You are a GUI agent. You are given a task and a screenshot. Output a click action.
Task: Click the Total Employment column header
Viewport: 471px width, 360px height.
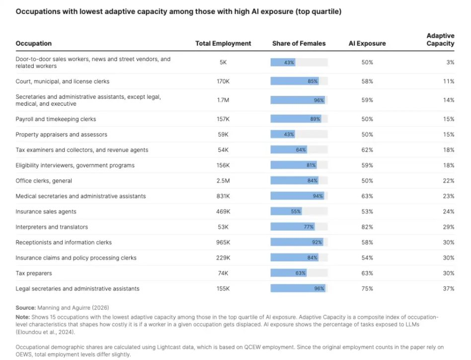click(223, 44)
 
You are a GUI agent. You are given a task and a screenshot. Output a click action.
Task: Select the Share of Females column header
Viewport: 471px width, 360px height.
click(299, 44)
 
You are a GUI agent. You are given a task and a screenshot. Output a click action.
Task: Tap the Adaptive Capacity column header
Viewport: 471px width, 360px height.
click(440, 40)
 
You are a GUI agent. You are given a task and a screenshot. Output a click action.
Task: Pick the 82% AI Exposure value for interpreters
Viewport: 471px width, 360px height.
click(367, 227)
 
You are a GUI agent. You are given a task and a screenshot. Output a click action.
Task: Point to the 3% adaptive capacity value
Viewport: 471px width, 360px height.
click(450, 63)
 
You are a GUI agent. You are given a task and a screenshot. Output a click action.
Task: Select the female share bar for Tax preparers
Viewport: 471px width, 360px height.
click(289, 273)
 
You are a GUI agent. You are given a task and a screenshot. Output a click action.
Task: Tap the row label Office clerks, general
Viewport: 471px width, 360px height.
click(44, 181)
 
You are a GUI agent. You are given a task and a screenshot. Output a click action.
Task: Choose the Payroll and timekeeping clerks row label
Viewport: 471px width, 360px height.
click(56, 119)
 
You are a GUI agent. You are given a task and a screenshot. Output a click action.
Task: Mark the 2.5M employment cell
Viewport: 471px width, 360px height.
click(223, 181)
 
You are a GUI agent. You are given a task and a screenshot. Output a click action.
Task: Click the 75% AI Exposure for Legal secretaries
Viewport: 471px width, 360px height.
click(367, 288)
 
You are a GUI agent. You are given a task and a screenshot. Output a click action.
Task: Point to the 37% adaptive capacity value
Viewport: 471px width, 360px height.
click(449, 288)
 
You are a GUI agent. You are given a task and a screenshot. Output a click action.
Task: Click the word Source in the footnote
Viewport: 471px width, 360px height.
click(25, 308)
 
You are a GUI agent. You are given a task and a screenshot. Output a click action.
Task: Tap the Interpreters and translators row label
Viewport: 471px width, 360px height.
click(52, 227)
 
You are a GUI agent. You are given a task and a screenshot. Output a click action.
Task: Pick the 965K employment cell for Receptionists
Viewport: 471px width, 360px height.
click(223, 242)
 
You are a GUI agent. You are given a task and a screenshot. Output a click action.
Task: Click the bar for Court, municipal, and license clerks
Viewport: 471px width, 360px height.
click(295, 81)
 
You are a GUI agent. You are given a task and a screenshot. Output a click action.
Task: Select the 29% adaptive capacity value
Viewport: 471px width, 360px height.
click(449, 227)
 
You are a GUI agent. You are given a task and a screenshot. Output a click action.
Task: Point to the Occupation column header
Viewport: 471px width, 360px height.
click(33, 44)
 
